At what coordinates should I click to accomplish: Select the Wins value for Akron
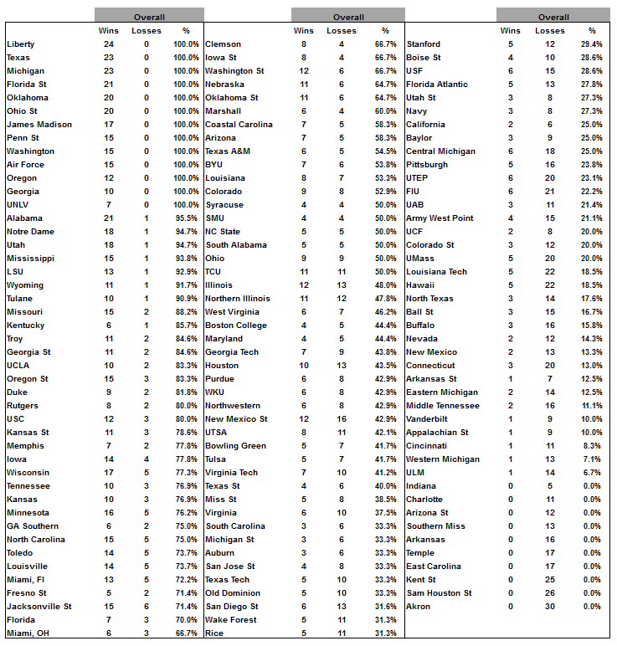[x=510, y=607]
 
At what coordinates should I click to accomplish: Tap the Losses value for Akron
[x=550, y=607]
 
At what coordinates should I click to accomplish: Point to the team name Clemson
[x=223, y=44]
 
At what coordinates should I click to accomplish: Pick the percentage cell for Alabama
[x=187, y=218]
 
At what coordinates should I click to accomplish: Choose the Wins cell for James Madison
[x=109, y=125]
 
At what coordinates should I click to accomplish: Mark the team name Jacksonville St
[x=39, y=607]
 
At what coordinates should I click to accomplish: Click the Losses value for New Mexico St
[x=342, y=419]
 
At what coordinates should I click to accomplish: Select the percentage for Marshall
[x=386, y=111]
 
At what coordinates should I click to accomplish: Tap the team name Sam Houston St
[x=439, y=593]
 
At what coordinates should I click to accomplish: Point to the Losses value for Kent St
[x=550, y=580]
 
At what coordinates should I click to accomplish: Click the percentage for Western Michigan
[x=592, y=459]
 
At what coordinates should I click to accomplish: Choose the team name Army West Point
[x=440, y=218]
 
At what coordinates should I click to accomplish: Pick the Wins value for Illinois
[x=304, y=285]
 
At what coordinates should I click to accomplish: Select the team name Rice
[x=214, y=633]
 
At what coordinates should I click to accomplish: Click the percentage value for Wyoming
[x=187, y=285]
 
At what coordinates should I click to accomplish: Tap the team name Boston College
[x=236, y=326]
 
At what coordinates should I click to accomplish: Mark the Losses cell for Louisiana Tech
[x=550, y=272]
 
